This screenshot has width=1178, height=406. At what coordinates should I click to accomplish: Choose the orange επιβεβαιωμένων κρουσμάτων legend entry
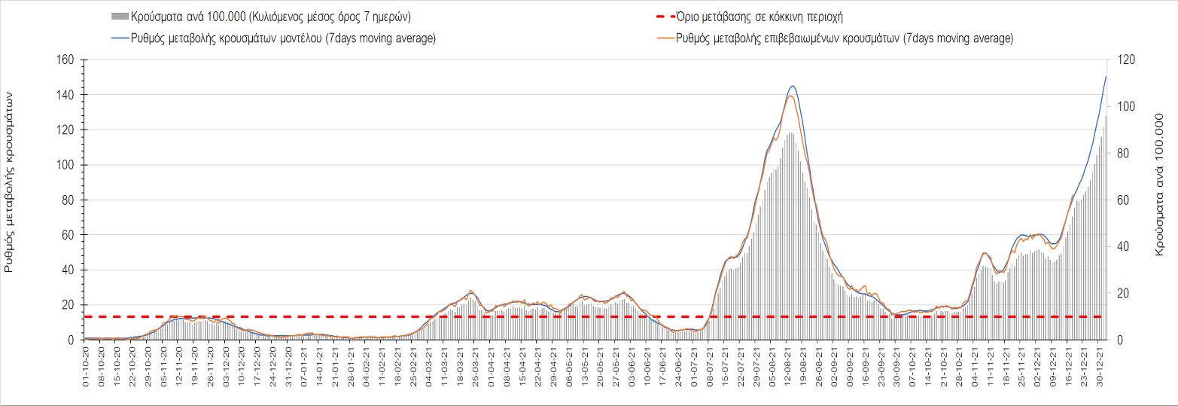843,38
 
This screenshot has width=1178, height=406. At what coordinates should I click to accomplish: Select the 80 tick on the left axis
67,200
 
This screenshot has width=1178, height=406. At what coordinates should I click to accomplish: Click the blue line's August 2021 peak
793,86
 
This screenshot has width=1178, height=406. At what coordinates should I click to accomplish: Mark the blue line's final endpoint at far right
1106,76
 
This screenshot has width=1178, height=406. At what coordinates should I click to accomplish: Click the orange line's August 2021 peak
790,96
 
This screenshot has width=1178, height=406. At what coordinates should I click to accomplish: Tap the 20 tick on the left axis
67,305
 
